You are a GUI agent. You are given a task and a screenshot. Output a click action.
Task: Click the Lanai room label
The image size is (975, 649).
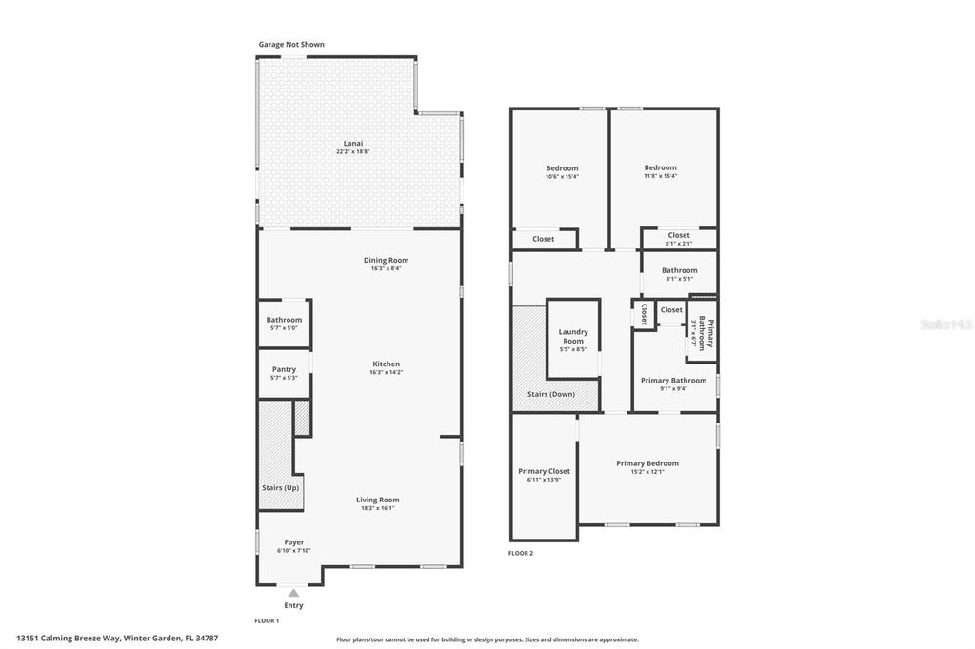(x=352, y=143)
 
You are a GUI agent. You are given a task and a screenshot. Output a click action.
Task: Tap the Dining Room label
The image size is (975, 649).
(x=386, y=260)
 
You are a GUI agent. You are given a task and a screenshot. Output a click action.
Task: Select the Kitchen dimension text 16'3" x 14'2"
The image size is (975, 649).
(x=386, y=372)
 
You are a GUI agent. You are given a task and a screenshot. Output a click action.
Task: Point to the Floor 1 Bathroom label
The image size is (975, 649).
(x=284, y=320)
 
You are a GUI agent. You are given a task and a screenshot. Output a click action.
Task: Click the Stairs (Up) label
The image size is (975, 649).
(x=280, y=488)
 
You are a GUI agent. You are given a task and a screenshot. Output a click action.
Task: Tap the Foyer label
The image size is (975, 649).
(x=293, y=542)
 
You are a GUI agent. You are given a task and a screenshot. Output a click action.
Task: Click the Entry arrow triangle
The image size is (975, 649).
(x=293, y=593)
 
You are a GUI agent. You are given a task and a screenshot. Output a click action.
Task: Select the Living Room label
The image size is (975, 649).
(x=377, y=500)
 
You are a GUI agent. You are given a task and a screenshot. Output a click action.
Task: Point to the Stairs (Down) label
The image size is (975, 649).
(x=550, y=394)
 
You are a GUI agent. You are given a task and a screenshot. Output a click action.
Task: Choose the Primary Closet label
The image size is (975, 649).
(x=544, y=471)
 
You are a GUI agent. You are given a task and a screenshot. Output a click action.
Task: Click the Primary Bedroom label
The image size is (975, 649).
(x=647, y=463)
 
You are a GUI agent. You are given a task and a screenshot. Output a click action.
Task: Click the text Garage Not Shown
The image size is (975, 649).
(x=291, y=44)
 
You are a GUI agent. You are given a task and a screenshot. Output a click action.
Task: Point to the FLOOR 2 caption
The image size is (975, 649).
(x=521, y=553)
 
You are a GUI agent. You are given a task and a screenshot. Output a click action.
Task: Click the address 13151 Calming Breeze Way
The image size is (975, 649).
(x=69, y=638)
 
